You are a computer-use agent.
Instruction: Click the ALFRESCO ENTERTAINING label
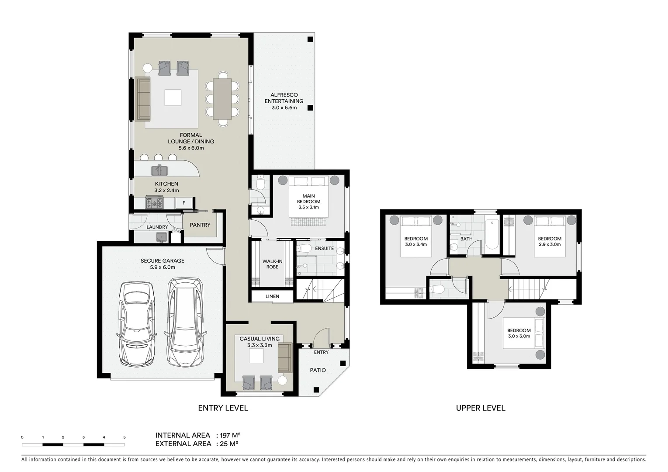coord(284,101)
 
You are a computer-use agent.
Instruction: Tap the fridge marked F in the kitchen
coord(183,203)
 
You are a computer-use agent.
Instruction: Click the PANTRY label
coord(200,225)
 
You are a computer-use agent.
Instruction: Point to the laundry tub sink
coord(161,237)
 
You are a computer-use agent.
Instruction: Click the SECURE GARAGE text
coord(162,261)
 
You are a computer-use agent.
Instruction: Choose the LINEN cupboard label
coord(272,296)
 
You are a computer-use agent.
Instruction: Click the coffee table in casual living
coord(256,357)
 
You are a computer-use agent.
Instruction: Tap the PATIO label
coord(318,370)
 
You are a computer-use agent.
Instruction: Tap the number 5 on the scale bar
coord(125,437)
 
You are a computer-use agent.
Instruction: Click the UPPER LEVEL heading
coord(481,408)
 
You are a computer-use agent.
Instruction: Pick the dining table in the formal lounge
coord(222,99)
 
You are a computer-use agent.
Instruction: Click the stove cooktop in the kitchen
coord(154,203)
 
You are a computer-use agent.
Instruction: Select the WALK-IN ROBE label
coord(272,264)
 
